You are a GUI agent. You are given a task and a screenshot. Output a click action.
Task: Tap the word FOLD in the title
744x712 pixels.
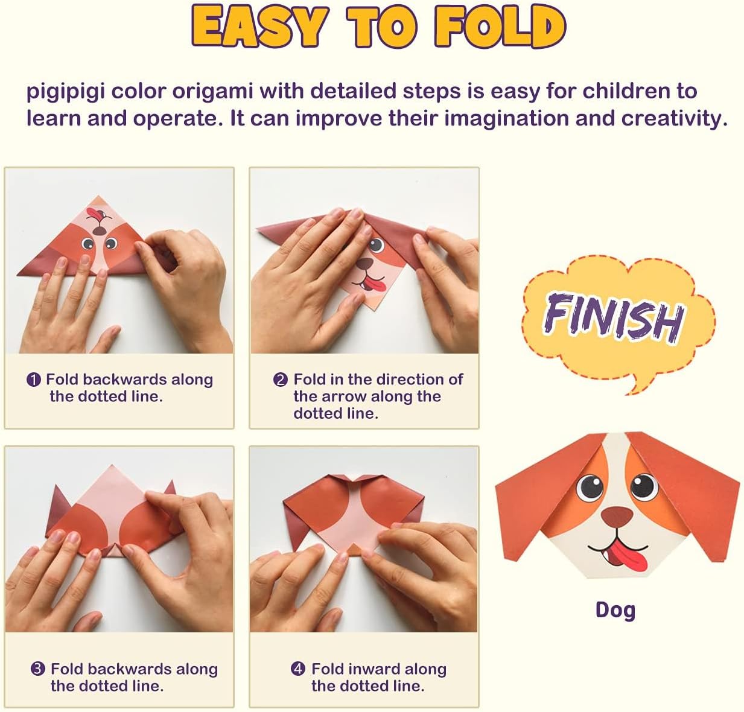click(500, 27)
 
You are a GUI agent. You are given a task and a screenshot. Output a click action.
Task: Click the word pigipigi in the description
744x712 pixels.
click(65, 92)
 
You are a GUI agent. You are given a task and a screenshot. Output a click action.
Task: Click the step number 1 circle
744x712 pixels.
click(34, 380)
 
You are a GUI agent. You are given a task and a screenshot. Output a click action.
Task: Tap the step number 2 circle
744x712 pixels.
click(280, 380)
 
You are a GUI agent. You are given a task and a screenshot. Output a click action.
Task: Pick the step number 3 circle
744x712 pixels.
click(38, 669)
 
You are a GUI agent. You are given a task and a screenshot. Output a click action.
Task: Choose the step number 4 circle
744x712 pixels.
click(298, 669)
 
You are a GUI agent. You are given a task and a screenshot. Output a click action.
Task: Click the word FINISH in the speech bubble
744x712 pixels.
click(614, 316)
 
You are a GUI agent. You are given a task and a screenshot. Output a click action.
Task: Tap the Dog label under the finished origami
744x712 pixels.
click(615, 610)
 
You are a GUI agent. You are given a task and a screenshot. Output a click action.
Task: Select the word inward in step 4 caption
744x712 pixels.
click(374, 669)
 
